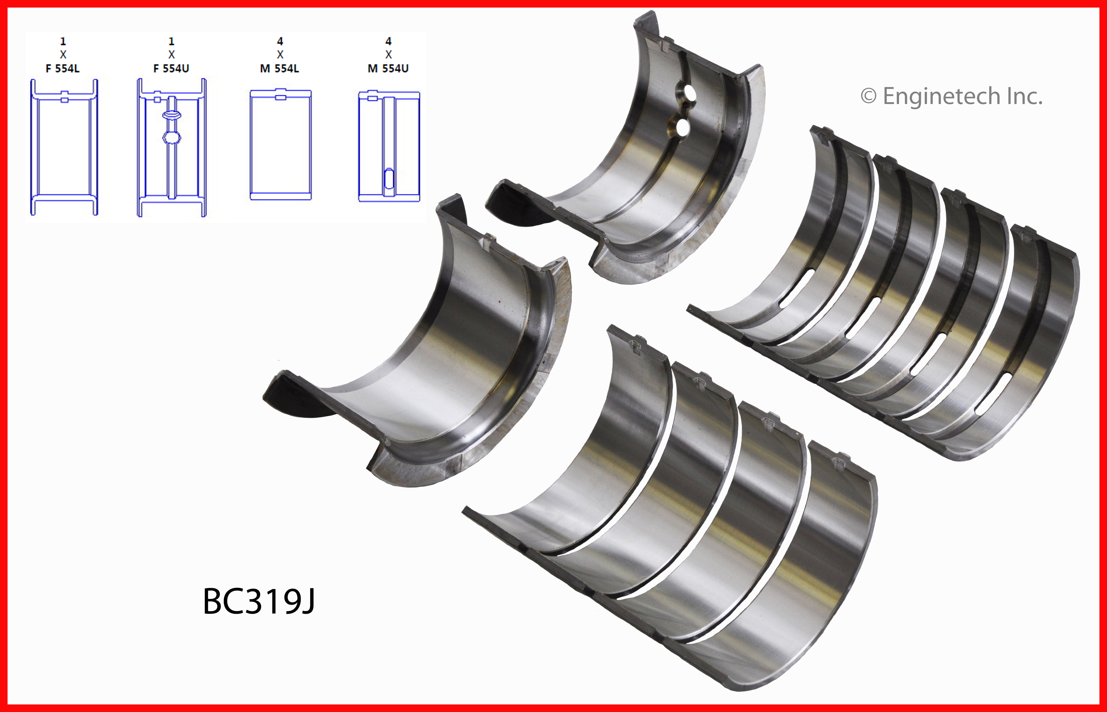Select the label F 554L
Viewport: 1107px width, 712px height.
click(63, 69)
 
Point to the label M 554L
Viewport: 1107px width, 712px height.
click(280, 69)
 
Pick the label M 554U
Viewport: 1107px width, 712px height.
click(388, 69)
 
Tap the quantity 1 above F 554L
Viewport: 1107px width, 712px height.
click(63, 41)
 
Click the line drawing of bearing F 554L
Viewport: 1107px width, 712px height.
click(64, 147)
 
